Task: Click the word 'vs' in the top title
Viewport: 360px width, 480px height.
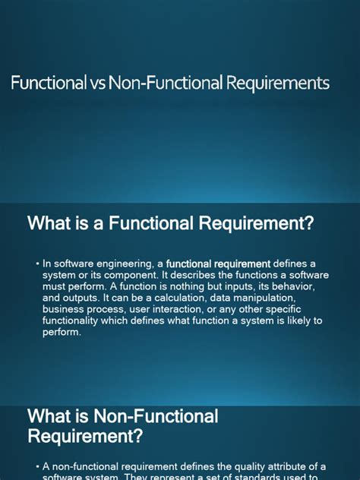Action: (x=99, y=83)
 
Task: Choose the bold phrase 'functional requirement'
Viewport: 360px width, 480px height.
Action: (x=219, y=264)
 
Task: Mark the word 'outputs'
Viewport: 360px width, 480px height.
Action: (x=84, y=298)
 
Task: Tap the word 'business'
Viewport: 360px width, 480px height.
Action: (x=64, y=309)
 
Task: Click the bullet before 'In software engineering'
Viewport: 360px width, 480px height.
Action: (x=36, y=264)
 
